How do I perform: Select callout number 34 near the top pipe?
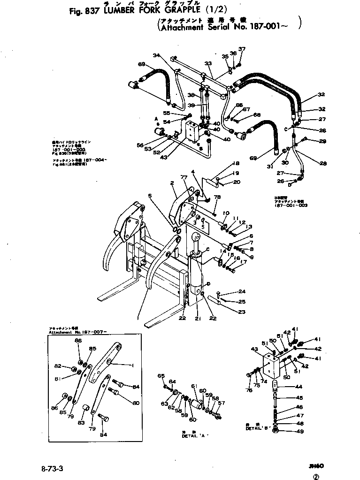pos(157,55)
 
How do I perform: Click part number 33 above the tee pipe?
pos(208,63)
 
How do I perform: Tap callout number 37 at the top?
pos(242,49)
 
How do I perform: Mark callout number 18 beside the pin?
pos(236,164)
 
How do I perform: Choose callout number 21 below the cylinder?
pos(197,319)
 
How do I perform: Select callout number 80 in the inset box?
pos(136,403)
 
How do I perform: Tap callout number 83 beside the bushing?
pos(81,422)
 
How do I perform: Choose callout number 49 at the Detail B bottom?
pos(298,432)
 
